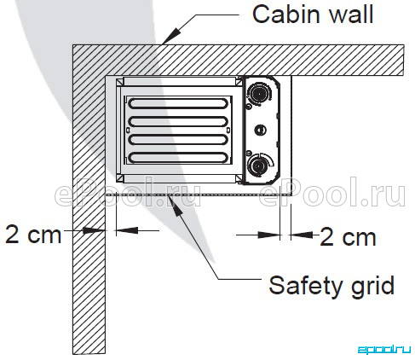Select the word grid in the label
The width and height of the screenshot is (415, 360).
pyautogui.click(x=373, y=287)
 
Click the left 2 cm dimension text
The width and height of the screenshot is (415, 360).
pyautogui.click(x=33, y=235)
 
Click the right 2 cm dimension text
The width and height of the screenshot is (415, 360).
pyautogui.click(x=349, y=237)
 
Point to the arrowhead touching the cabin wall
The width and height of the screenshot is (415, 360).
pyautogui.click(x=171, y=36)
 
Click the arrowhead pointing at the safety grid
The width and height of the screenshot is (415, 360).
pyautogui.click(x=175, y=206)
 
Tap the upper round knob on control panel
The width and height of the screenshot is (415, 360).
pyautogui.click(x=259, y=92)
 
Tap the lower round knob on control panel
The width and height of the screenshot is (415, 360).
pyautogui.click(x=258, y=165)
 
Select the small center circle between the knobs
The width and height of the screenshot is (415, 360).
pyautogui.click(x=260, y=130)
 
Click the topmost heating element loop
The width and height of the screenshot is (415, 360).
pyautogui.click(x=178, y=103)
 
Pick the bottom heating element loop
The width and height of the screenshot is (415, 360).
pyautogui.click(x=178, y=158)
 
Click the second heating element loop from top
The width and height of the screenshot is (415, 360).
pyautogui.click(x=178, y=121)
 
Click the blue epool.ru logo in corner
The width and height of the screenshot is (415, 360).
pyautogui.click(x=384, y=350)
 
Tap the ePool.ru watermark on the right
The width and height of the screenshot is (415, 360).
pyautogui.click(x=332, y=192)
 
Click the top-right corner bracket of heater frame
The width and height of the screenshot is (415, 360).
pyautogui.click(x=239, y=82)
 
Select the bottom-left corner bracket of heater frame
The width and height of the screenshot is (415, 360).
pyautogui.click(x=120, y=178)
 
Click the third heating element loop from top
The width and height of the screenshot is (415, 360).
pyautogui.click(x=178, y=140)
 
